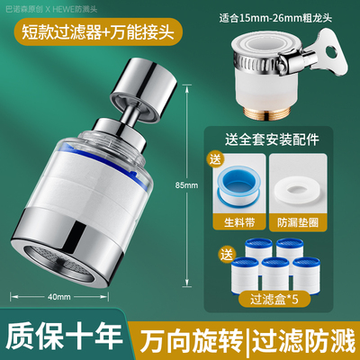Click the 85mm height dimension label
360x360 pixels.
point(186,184)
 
